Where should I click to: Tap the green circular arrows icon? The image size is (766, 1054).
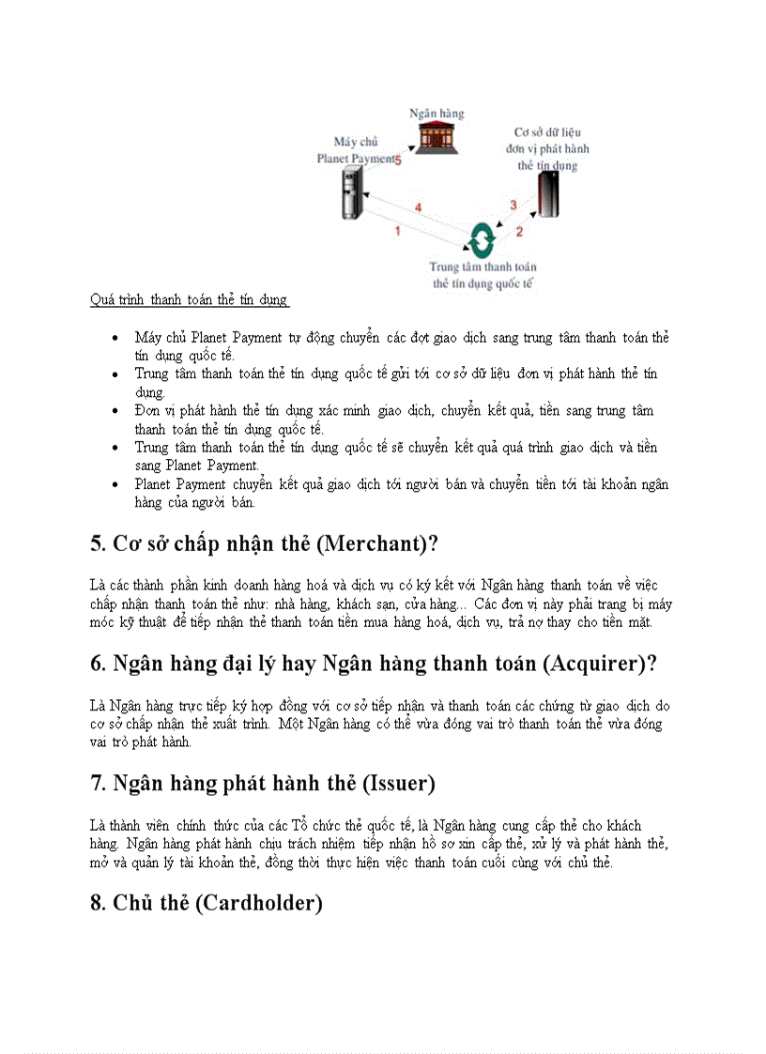click(x=483, y=240)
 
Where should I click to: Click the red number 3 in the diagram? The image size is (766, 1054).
click(x=513, y=205)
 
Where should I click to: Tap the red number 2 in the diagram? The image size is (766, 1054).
click(x=519, y=230)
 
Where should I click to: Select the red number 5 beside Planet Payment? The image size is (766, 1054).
click(x=398, y=160)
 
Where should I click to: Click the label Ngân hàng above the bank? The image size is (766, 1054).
click(x=436, y=114)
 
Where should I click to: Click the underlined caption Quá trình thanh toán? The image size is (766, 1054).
click(x=189, y=300)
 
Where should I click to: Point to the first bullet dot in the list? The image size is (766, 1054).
click(x=115, y=337)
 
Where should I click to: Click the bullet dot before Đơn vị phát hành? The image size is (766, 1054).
click(x=115, y=411)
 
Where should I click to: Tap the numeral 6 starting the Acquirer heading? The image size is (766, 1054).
click(x=97, y=664)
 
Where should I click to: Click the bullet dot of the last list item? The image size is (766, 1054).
click(x=115, y=485)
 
